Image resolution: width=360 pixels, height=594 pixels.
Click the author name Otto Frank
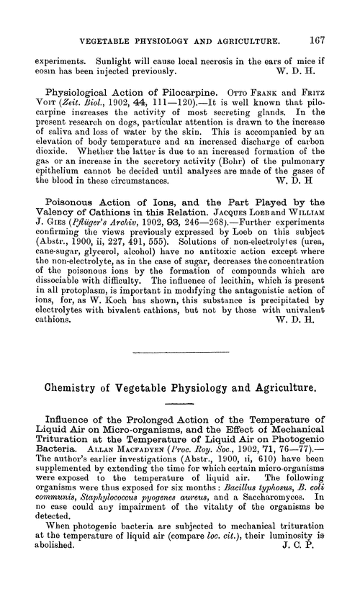(x=260, y=93)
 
